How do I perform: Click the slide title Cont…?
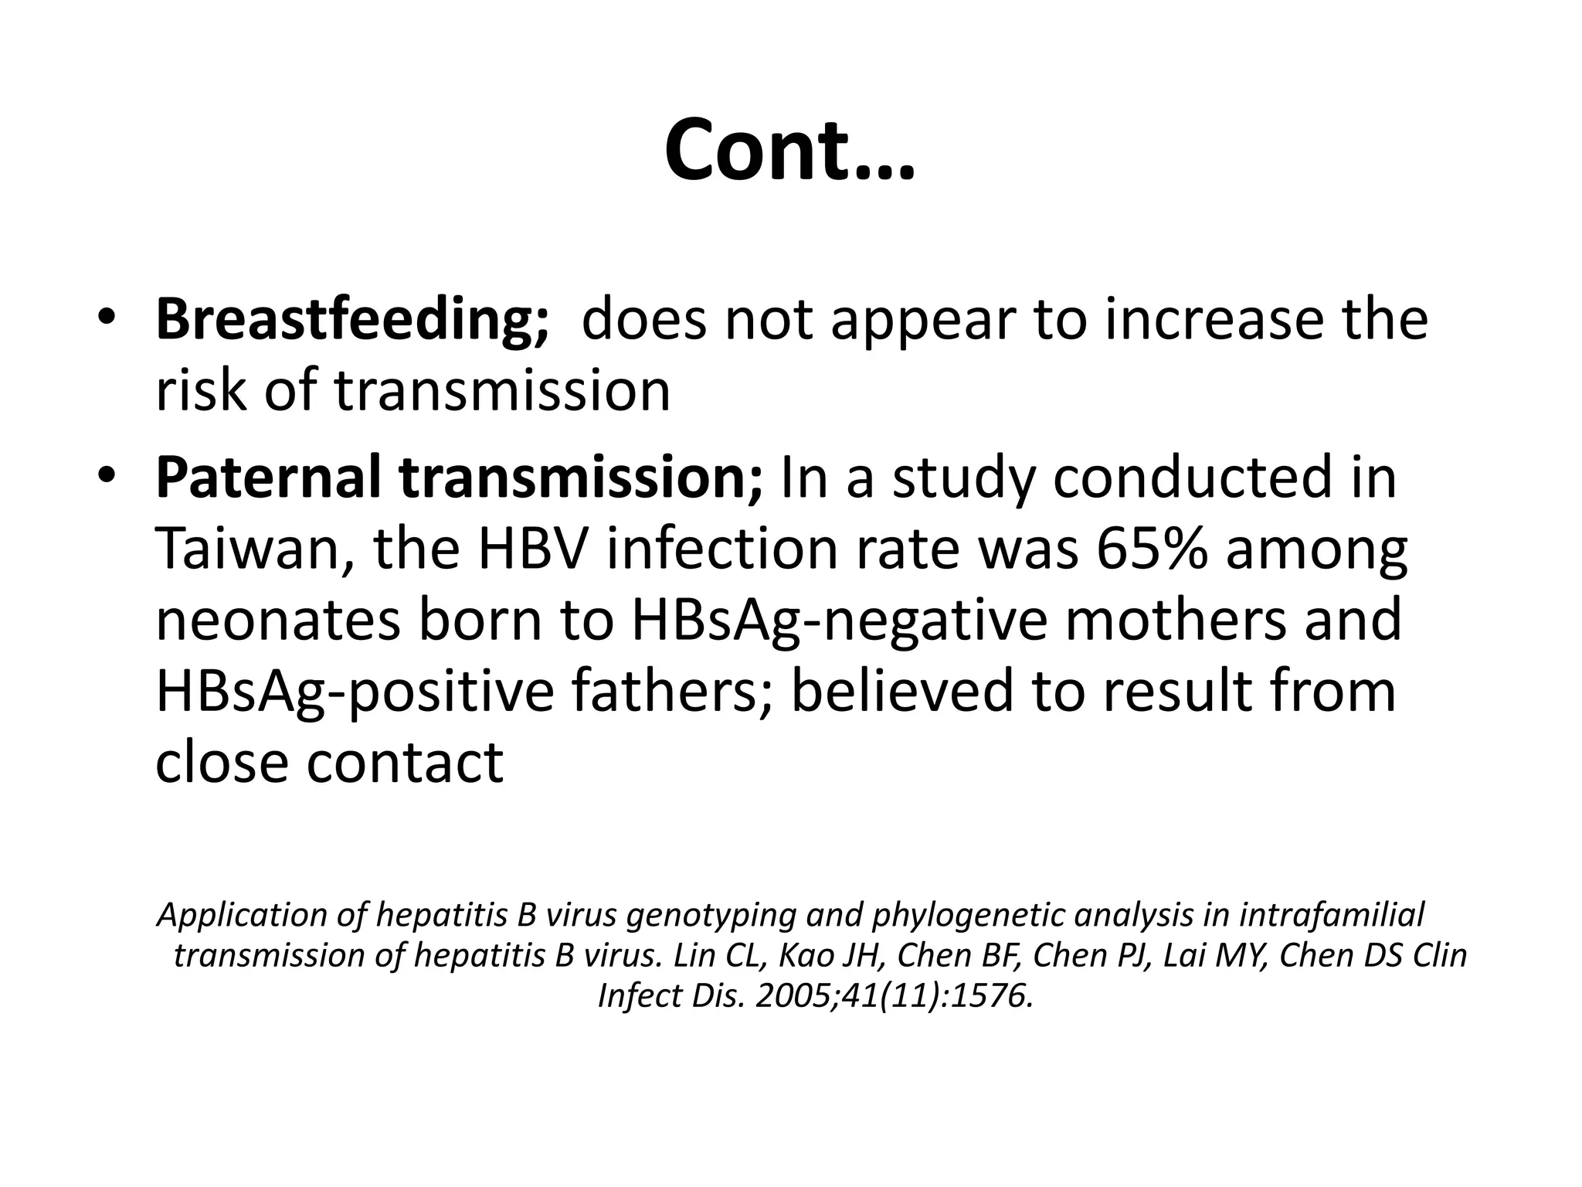[789, 151]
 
